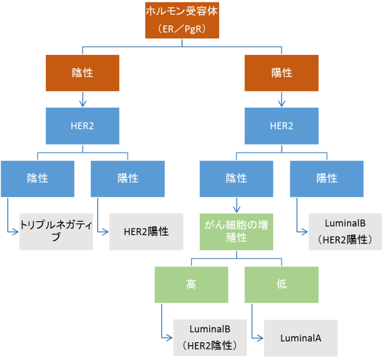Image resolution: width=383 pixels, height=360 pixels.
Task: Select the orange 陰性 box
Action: pyautogui.click(x=82, y=73)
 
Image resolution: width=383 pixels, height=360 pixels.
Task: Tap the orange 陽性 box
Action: pyautogui.click(x=282, y=73)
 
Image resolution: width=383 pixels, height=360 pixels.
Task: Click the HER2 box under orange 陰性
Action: pyautogui.click(x=82, y=126)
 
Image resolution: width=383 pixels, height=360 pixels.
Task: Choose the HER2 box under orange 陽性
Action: pyautogui.click(x=282, y=126)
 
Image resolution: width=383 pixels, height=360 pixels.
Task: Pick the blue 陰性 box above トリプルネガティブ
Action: pyautogui.click(x=37, y=179)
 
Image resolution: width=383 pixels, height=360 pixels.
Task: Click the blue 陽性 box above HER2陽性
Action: pyautogui.click(x=127, y=179)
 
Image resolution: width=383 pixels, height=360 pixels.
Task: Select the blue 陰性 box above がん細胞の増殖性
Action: pyautogui.click(x=237, y=179)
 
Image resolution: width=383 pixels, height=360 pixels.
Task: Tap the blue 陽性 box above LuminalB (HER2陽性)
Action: pyautogui.click(x=327, y=179)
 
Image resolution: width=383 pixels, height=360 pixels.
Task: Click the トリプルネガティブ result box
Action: pyautogui.click(x=56, y=231)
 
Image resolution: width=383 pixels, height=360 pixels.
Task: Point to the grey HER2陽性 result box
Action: pyautogui.click(x=146, y=231)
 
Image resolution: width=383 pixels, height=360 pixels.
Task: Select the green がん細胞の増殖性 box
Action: pyautogui.click(x=237, y=231)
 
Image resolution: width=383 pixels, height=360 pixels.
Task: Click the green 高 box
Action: pyautogui.click(x=191, y=284)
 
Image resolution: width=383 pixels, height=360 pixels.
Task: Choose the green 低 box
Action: pyautogui.click(x=282, y=284)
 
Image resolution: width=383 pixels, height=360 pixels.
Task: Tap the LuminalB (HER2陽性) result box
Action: pyautogui.click(x=345, y=231)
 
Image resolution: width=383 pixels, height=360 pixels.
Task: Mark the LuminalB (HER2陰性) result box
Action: pyautogui.click(x=210, y=337)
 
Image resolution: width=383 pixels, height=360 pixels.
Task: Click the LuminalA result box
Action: pyautogui.click(x=301, y=337)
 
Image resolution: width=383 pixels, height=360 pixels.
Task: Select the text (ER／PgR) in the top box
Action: pyautogui.click(x=182, y=30)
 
